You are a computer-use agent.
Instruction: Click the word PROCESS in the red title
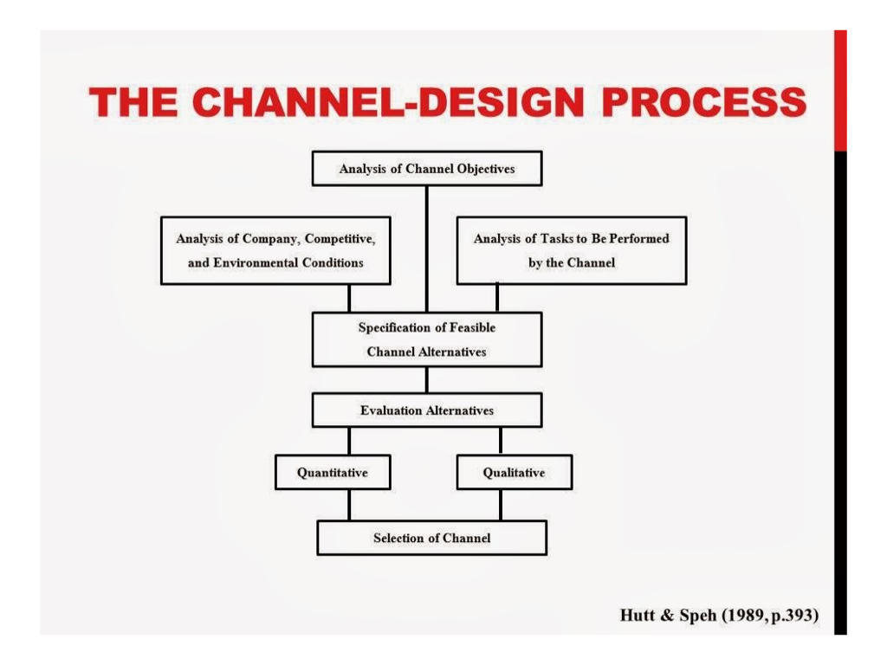pos(703,102)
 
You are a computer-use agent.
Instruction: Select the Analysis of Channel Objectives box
pos(426,169)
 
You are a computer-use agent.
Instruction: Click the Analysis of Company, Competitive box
pos(275,250)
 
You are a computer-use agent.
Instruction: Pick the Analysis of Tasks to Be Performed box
pos(571,250)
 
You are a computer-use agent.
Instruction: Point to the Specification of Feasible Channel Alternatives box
pos(426,339)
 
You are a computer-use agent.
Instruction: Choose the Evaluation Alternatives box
pos(426,410)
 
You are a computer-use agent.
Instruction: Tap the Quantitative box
pos(333,473)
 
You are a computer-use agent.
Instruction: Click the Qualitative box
pos(514,473)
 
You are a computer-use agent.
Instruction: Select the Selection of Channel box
pos(431,538)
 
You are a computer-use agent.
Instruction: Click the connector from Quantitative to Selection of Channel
pos(349,505)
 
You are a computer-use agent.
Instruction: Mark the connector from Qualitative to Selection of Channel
pos(500,505)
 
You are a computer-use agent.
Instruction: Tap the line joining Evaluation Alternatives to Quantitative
pos(349,441)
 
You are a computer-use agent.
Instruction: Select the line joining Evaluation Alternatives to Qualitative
pos(500,441)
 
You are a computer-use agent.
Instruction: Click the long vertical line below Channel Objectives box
pos(426,249)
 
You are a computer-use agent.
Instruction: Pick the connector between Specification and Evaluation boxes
pos(426,379)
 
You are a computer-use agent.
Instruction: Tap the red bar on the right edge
pos(839,91)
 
